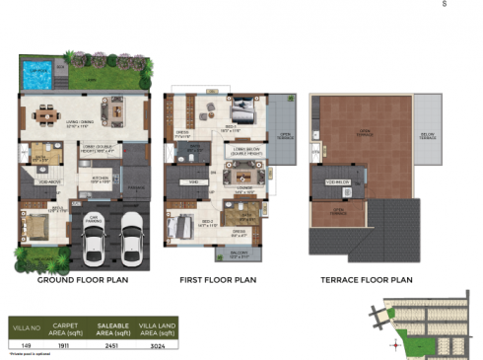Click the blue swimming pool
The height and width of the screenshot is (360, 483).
pos(37,72)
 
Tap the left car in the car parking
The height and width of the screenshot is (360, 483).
pos(95,247)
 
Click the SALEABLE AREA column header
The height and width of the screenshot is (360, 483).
pos(114,326)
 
